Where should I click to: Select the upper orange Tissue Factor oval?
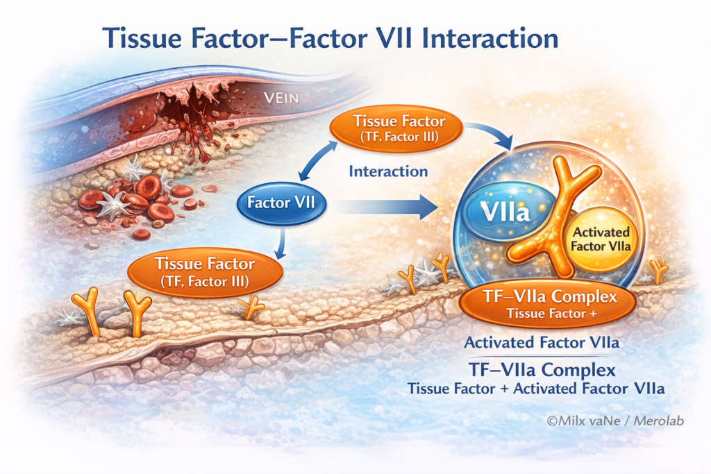click(x=398, y=128)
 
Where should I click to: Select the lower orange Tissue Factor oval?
click(x=205, y=271)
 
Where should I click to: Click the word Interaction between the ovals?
click(x=388, y=171)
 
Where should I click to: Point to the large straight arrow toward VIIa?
click(x=389, y=206)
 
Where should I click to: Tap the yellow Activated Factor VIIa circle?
click(x=599, y=239)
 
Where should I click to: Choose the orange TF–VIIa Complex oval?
click(x=548, y=305)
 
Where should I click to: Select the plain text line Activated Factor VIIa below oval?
click(x=542, y=342)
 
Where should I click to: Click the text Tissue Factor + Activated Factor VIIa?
click(x=536, y=389)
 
